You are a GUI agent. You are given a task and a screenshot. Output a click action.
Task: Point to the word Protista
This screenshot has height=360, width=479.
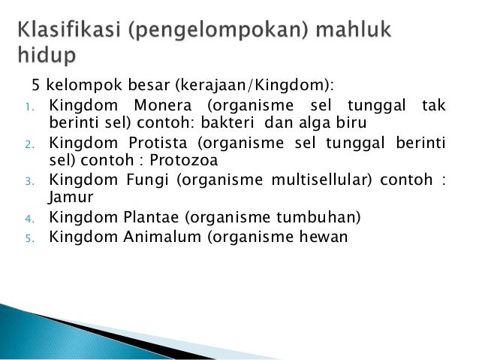(158, 144)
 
